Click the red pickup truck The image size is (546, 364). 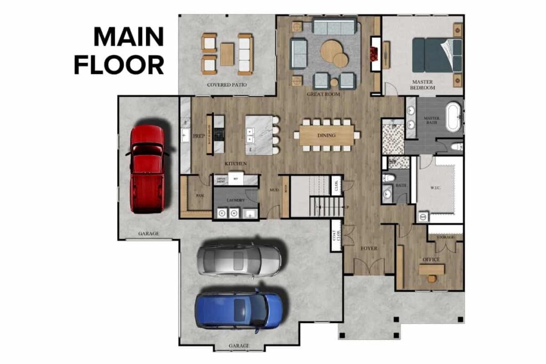coord(147,168)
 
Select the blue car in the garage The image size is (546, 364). coord(239,309)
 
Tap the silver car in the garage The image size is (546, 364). coord(239,260)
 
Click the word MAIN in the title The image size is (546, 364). coord(129,37)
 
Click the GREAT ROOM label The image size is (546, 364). coord(323,94)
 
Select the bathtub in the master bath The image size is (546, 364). coord(453,117)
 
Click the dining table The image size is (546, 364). coord(326,135)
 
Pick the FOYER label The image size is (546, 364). coord(368,248)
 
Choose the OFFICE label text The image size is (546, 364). coord(431,260)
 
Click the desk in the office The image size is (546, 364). coord(431,270)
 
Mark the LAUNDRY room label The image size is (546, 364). coord(235,200)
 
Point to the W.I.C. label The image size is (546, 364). coord(436,187)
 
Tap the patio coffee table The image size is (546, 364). coord(227,54)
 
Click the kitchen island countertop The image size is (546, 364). coord(258,135)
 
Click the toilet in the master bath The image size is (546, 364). coord(456,146)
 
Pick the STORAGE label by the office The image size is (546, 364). coord(445,237)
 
